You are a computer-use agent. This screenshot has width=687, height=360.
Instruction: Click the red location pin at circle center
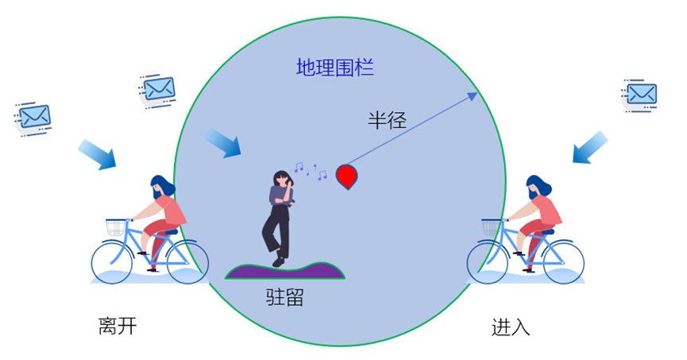346,175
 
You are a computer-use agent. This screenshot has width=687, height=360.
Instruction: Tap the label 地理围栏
334,68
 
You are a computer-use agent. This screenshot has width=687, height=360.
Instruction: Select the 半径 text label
387,121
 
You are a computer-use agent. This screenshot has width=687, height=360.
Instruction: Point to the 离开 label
118,327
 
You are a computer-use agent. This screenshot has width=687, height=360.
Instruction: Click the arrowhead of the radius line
473,95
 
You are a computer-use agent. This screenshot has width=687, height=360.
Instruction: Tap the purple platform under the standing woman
285,271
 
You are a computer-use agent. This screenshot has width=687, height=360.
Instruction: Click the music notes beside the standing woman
310,170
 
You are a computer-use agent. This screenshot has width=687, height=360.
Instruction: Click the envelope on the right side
640,95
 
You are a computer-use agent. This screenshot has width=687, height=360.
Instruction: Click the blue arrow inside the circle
222,143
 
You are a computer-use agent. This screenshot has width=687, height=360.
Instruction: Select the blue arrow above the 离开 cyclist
97,154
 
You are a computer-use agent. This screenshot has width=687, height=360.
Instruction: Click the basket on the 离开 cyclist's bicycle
117,228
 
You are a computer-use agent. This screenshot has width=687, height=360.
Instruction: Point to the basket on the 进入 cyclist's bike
493,228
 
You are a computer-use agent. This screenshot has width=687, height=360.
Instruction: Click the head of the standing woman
282,179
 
